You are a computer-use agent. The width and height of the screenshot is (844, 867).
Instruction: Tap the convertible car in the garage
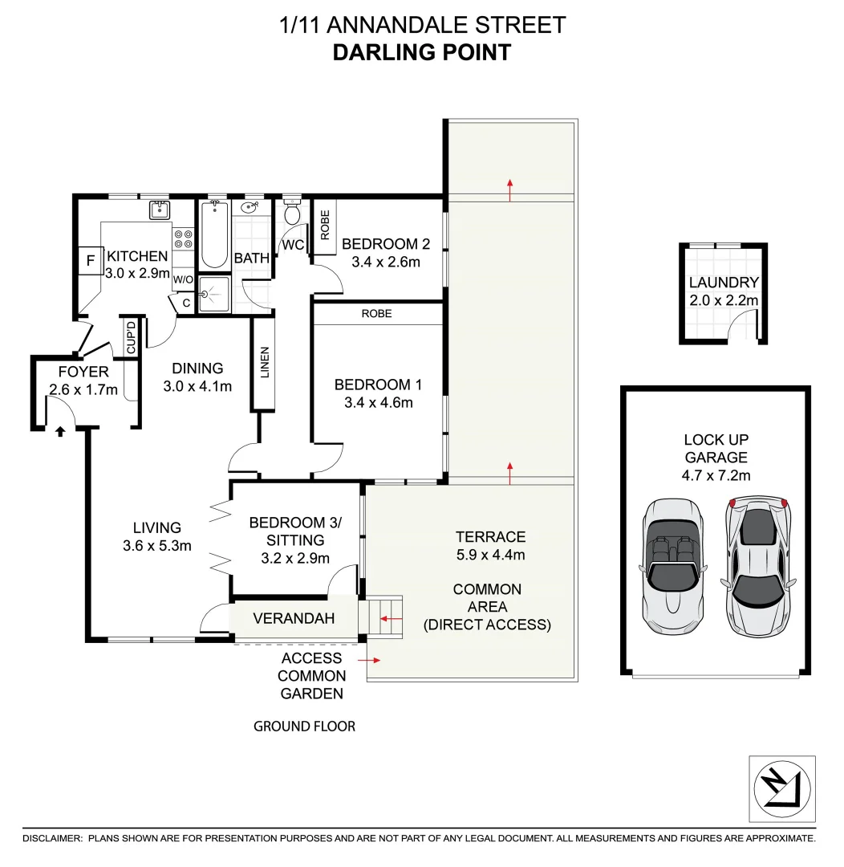point(672,565)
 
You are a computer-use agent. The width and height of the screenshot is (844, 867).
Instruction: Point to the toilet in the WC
point(293,214)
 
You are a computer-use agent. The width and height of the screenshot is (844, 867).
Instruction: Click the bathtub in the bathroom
point(213,235)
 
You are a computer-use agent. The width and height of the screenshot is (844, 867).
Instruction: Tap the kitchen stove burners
point(184,238)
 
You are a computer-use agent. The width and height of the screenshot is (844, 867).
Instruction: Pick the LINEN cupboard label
point(265,363)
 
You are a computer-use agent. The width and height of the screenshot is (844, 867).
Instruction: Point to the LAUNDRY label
point(724,283)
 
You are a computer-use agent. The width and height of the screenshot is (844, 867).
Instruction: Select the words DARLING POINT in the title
point(422,53)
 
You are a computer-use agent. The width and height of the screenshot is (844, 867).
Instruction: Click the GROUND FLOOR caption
point(304,727)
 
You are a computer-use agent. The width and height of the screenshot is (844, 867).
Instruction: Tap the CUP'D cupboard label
point(132,337)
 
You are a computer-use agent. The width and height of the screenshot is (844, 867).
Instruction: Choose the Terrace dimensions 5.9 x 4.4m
point(490,555)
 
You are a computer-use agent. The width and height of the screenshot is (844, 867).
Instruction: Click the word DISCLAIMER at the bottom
point(52,838)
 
